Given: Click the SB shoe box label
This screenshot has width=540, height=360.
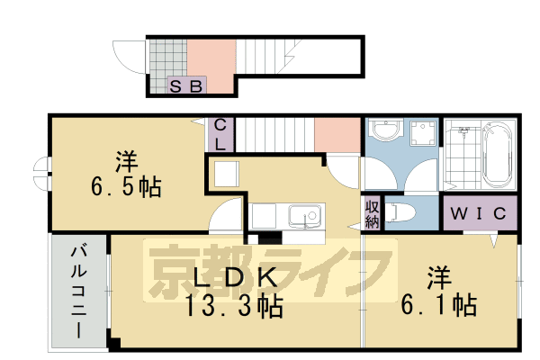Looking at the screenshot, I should click(x=188, y=86).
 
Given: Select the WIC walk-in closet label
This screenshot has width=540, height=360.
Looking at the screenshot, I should click(x=481, y=215).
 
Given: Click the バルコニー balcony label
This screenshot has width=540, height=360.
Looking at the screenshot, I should click(x=78, y=290).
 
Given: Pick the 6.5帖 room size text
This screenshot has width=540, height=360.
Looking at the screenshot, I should click(x=126, y=188).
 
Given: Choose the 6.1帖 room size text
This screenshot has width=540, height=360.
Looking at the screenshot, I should click(x=440, y=305).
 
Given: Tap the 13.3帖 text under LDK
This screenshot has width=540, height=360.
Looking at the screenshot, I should click(x=234, y=307).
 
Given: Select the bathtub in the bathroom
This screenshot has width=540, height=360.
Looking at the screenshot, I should click(x=496, y=154).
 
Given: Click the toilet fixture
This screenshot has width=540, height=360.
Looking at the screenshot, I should click(x=401, y=213).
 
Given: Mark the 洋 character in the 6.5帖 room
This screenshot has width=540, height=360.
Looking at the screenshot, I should click(x=125, y=163).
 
